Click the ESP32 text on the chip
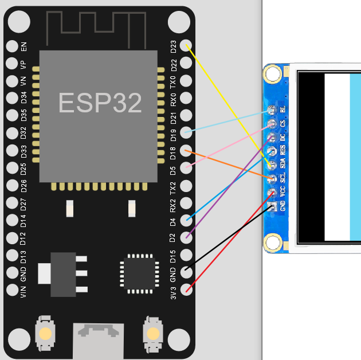click(100, 103)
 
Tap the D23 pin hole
click(186, 45)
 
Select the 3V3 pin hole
click(186, 289)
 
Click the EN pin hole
click(11, 46)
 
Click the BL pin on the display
click(272, 109)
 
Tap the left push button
click(46, 333)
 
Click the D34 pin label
click(23, 98)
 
